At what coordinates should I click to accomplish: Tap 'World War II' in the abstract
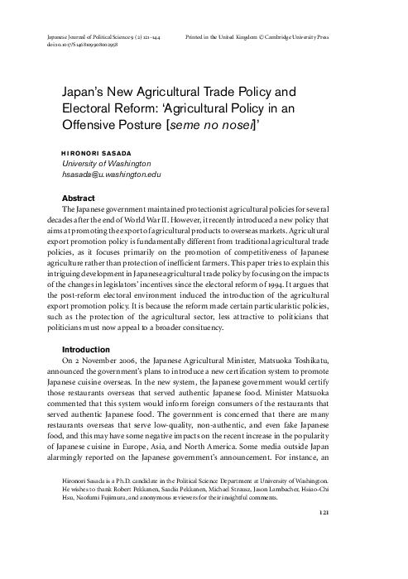click(184, 223)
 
